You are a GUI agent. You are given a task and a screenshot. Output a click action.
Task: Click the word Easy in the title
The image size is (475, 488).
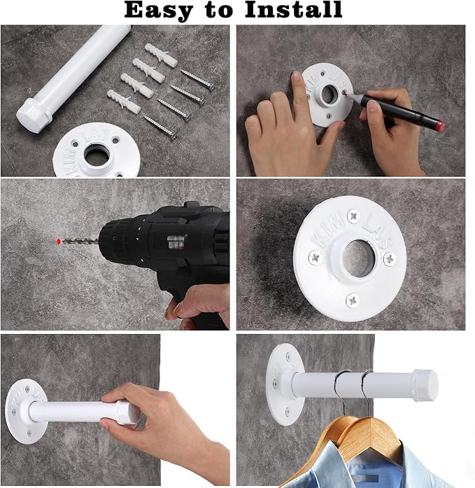click(158, 11)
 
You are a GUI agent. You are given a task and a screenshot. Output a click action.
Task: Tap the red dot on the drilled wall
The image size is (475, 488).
click(59, 241)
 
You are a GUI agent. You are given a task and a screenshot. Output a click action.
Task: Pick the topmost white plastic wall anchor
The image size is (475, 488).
click(161, 55)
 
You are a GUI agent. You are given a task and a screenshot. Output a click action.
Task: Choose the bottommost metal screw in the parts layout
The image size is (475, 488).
click(159, 127)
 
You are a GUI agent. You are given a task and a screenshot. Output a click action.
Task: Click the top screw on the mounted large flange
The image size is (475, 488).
click(353, 216)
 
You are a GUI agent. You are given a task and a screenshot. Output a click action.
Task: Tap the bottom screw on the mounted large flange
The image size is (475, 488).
click(353, 300)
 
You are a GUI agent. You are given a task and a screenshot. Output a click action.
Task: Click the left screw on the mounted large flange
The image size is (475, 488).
click(315, 257)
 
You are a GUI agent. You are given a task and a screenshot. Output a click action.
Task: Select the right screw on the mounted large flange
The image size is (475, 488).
click(389, 259)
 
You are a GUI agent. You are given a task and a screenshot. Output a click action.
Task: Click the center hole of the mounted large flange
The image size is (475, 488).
click(358, 258)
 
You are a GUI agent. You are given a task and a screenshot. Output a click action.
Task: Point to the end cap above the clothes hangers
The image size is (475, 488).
click(425, 385)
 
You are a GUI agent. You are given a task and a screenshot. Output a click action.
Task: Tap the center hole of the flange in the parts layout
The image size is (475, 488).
click(97, 154)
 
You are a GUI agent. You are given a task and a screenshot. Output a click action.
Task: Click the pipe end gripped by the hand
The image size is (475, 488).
click(127, 412)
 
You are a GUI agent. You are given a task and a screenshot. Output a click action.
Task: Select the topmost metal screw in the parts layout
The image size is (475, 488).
click(197, 79)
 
